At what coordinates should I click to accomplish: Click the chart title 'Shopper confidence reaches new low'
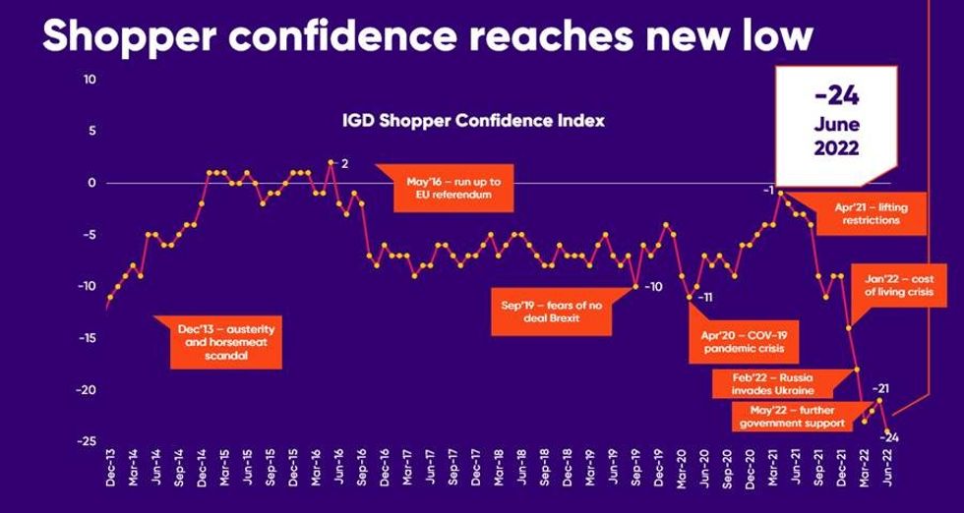pos(428,36)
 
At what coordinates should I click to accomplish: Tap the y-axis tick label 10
pos(90,80)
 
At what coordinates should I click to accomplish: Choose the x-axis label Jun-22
pos(889,474)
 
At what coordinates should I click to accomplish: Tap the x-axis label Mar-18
pos(499,474)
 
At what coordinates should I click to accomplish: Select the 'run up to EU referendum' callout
pos(448,188)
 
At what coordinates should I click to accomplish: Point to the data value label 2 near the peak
pos(345,163)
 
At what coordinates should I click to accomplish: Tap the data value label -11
pos(704,296)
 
